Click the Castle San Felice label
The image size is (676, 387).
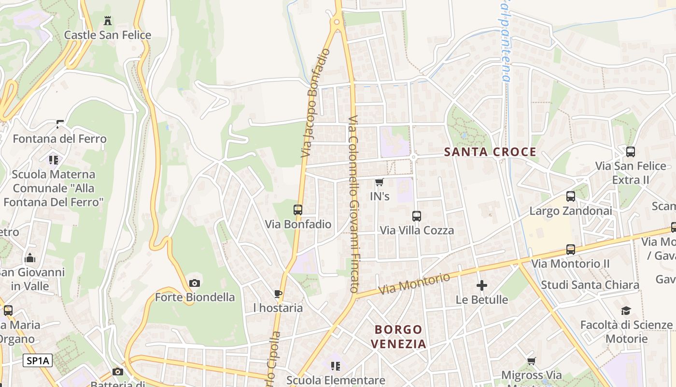click(x=108, y=35)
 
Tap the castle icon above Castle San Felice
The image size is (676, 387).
click(x=108, y=21)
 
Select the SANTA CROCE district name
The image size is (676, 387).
click(x=490, y=152)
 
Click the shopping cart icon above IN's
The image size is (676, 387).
click(x=379, y=182)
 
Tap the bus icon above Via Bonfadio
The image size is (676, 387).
click(x=298, y=210)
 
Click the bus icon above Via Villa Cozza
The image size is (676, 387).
click(x=417, y=216)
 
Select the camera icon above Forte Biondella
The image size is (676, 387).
click(x=195, y=283)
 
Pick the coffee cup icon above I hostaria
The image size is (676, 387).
click(x=278, y=294)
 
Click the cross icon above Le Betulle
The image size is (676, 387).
click(x=481, y=285)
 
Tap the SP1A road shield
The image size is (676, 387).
click(x=38, y=360)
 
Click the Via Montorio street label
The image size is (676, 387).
click(x=415, y=284)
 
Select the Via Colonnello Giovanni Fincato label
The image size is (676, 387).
click(x=353, y=203)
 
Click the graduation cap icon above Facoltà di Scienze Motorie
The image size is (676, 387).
click(x=626, y=311)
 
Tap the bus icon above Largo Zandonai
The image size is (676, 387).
click(x=571, y=196)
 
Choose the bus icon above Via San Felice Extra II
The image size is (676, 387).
click(x=631, y=152)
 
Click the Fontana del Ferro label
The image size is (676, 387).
click(x=59, y=139)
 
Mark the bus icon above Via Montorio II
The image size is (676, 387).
click(x=571, y=250)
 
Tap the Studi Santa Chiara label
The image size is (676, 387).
click(x=590, y=284)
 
